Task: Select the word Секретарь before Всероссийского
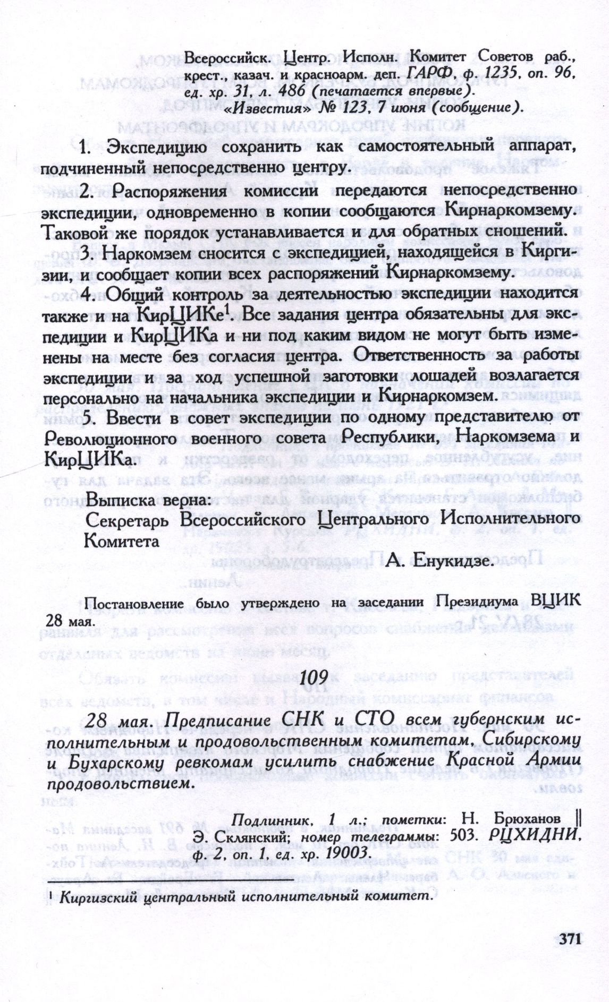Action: pos(129,521)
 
